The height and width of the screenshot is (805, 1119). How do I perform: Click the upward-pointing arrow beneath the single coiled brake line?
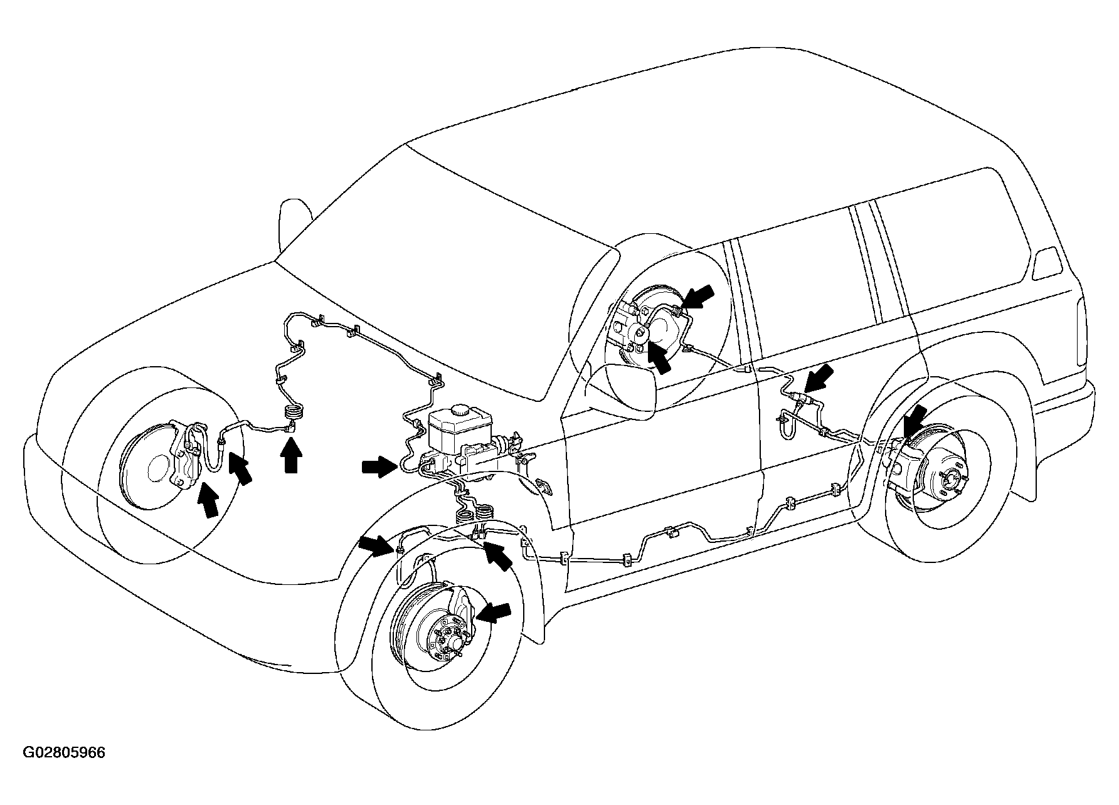(290, 456)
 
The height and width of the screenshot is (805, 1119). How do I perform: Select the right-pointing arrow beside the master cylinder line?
(379, 466)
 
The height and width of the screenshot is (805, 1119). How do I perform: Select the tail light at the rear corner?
(1046, 263)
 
